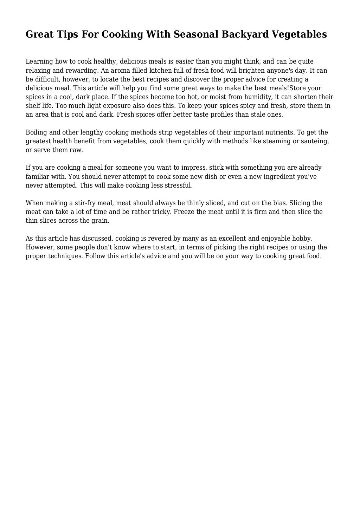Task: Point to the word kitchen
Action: coord(161,71)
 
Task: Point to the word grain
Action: coord(101,221)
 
